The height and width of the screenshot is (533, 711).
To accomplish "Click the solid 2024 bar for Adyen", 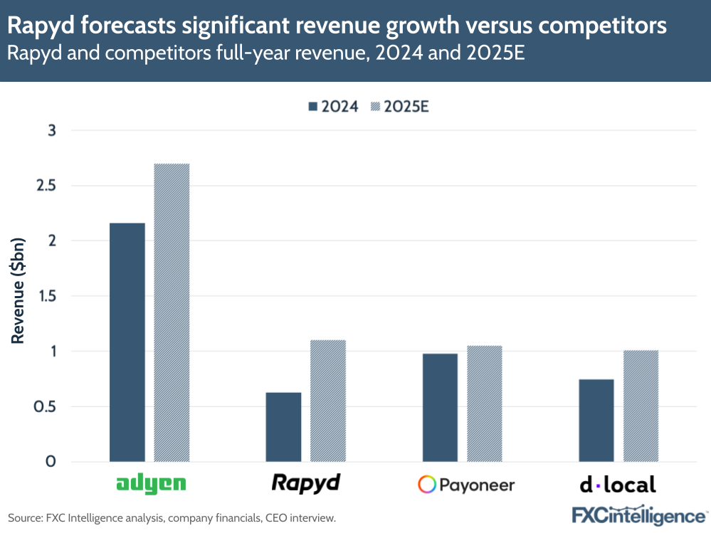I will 127,342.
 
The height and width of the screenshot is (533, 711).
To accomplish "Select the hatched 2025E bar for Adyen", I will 172,312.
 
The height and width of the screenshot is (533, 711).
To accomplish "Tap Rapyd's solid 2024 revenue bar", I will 283,427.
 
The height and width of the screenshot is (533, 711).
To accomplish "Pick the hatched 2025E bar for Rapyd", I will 328,401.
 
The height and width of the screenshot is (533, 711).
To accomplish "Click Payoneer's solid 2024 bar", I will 440,408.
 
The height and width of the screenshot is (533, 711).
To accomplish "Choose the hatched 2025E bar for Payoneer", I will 485,403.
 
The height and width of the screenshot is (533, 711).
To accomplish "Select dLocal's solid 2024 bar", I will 596,421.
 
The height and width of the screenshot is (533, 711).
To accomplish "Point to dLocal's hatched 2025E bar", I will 641,406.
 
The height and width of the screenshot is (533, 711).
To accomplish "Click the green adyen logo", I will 150,485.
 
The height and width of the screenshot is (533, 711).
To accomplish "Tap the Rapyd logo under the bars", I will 306,484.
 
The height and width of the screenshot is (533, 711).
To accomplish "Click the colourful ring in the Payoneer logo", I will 427,485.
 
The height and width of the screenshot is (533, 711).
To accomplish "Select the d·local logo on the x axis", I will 618,485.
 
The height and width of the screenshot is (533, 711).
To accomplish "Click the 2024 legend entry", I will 332,107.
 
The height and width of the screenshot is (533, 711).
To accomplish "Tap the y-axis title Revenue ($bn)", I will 18,295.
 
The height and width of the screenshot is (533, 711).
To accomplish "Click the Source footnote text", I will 172,518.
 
